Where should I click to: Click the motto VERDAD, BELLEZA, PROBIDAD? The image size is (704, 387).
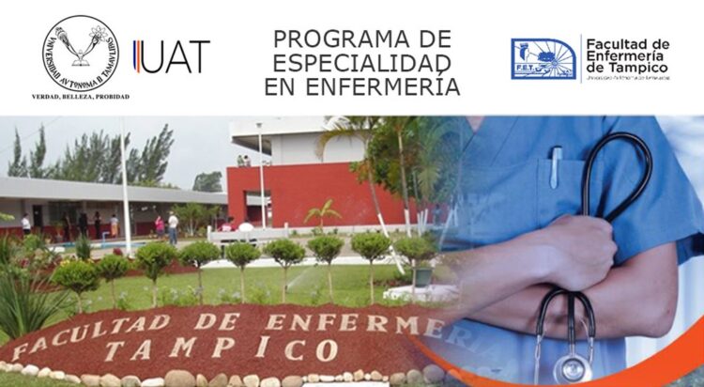[81, 96]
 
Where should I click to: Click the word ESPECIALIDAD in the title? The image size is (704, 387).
[361, 63]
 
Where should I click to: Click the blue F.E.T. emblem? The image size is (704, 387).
[543, 58]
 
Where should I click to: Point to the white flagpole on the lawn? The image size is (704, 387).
[124, 188]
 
